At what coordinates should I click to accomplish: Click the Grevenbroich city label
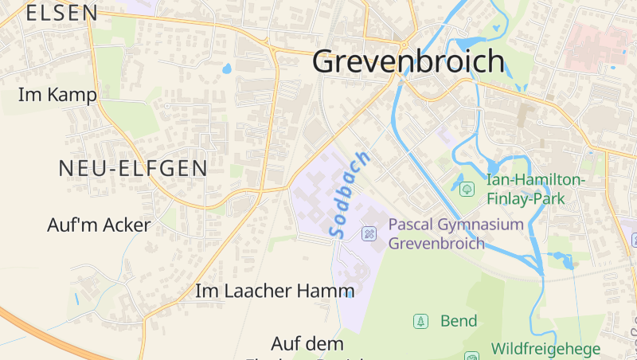(408, 61)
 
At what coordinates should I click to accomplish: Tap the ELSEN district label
(62, 13)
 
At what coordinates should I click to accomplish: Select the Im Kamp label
(57, 95)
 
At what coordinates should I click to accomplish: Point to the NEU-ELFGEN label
(133, 168)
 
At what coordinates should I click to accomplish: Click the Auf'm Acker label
(99, 225)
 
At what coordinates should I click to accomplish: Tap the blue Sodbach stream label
(349, 193)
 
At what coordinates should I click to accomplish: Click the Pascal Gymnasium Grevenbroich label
(455, 233)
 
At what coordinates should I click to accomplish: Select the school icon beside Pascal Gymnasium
(369, 233)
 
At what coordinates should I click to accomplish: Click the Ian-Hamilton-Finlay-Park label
(535, 190)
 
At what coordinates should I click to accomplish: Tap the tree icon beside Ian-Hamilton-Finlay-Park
(467, 190)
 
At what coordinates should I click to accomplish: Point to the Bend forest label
(459, 321)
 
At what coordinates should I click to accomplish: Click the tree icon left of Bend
(420, 322)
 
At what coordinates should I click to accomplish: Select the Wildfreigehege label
(546, 349)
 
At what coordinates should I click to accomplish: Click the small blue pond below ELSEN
(227, 68)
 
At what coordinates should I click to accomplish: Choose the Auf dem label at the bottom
(307, 344)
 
